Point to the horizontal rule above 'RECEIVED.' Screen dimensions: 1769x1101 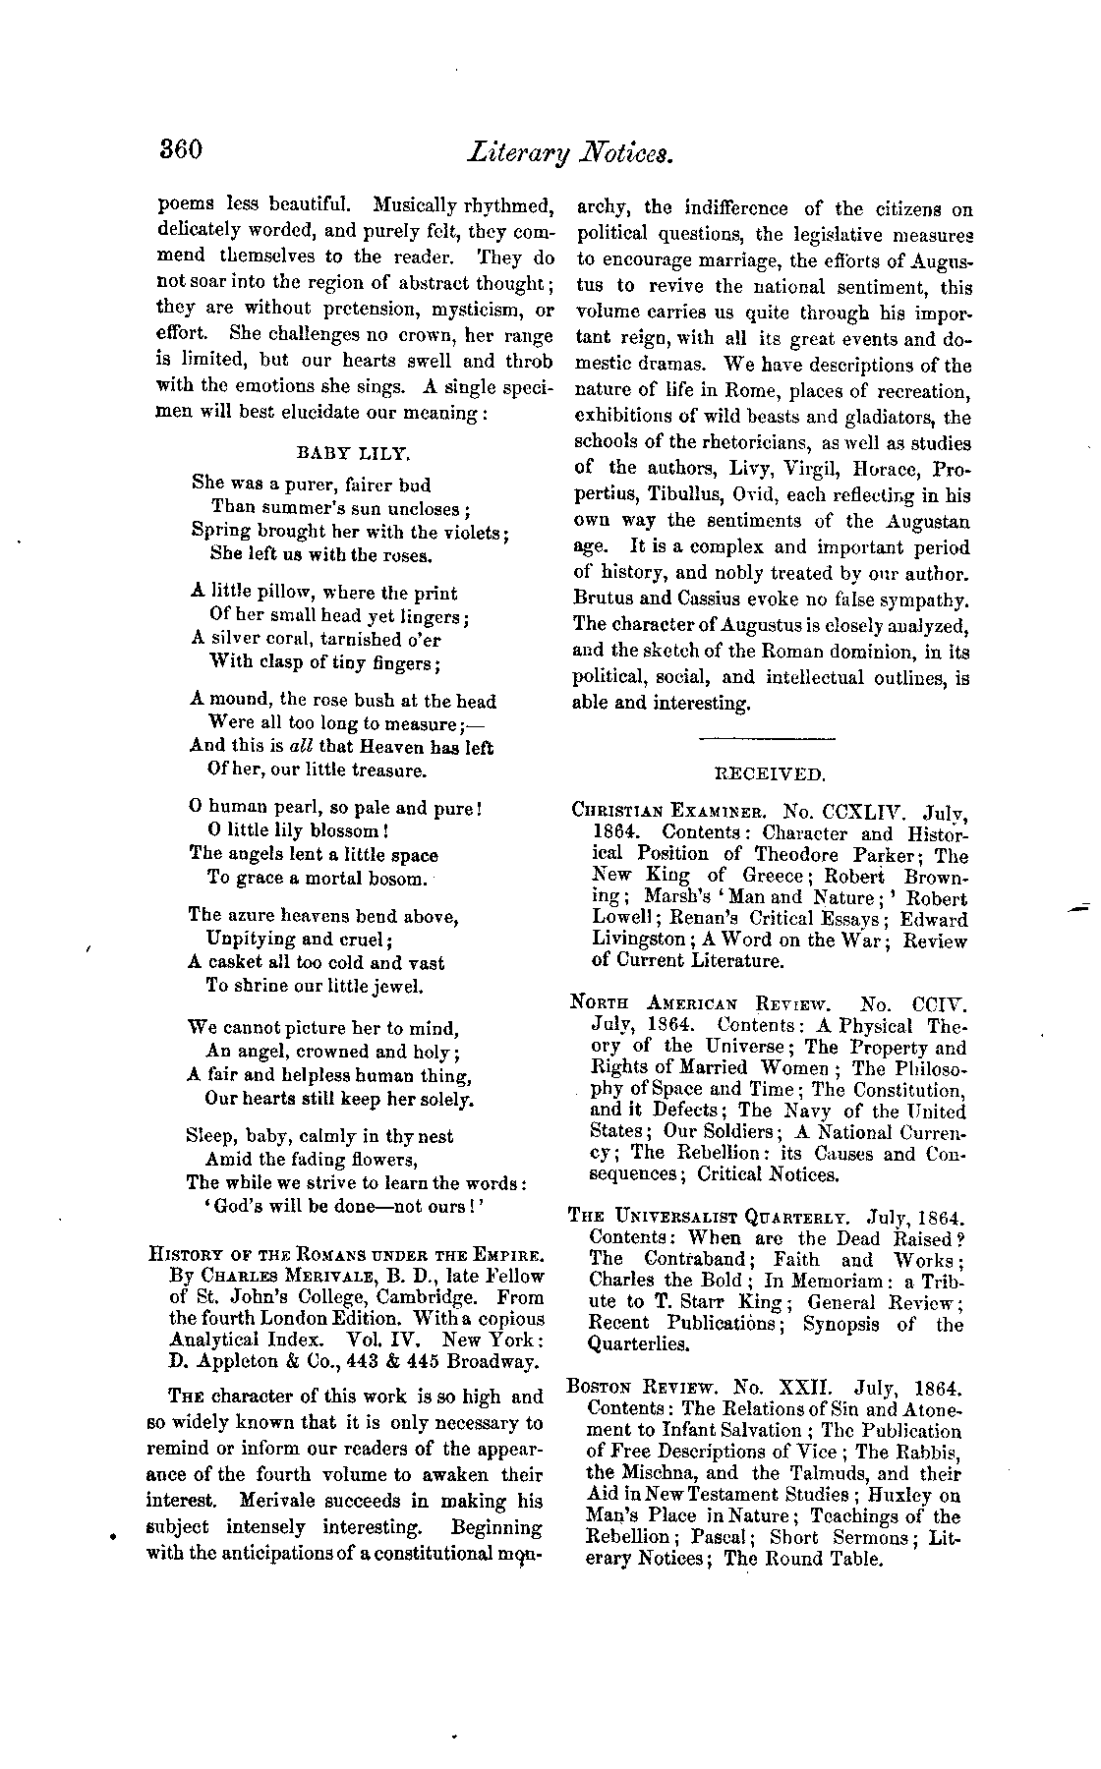tap(767, 738)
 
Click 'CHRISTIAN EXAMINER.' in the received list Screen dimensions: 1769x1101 tap(671, 812)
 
